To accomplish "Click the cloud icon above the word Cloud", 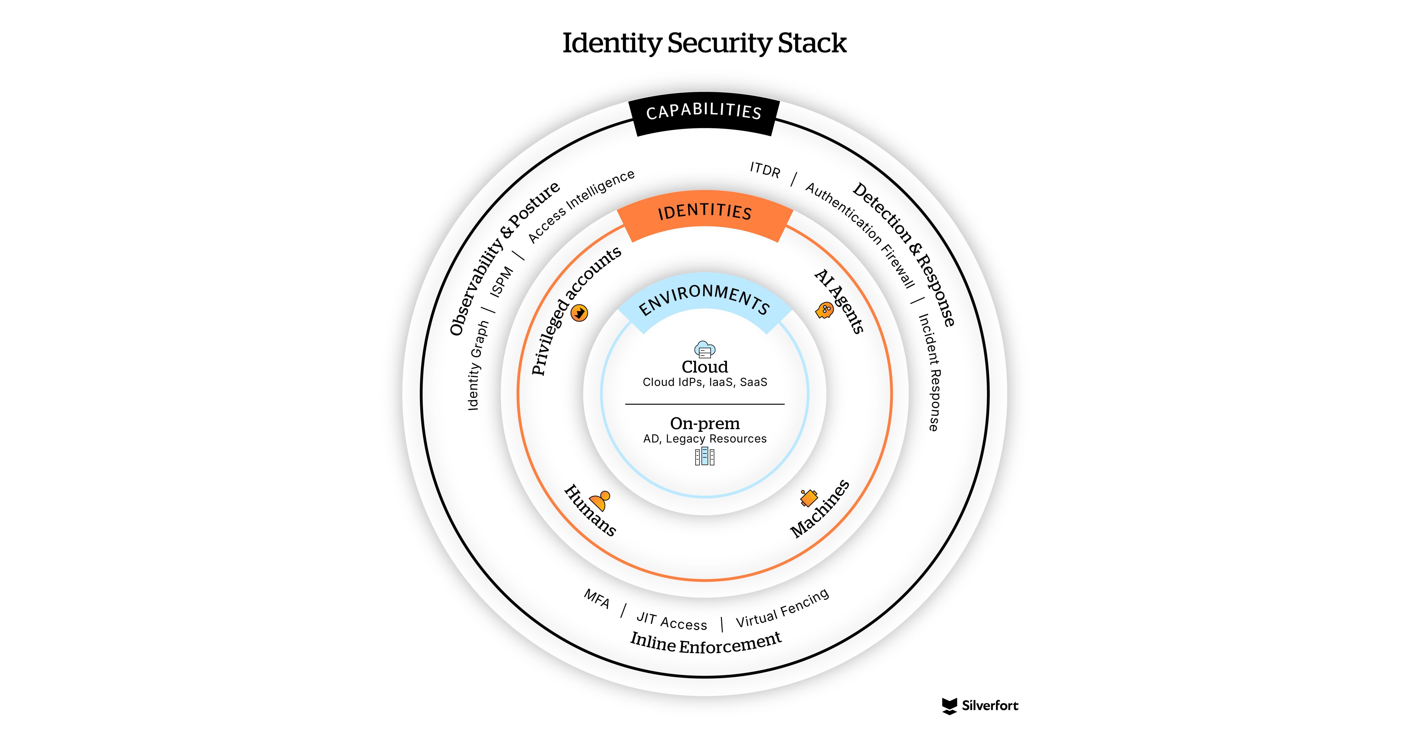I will [x=704, y=349].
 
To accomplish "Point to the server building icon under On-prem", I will [x=704, y=456].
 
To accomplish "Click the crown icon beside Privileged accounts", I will [x=579, y=313].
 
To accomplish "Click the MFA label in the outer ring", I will [x=597, y=599].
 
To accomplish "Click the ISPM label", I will [x=501, y=281].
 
